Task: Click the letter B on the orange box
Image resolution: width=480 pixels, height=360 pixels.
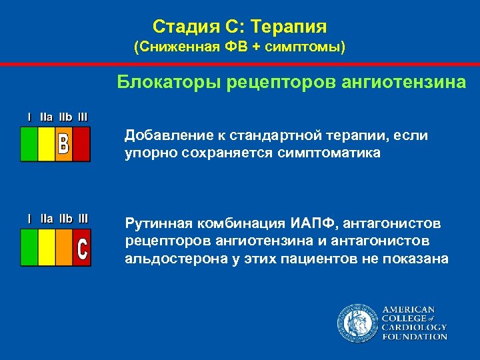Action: (x=63, y=144)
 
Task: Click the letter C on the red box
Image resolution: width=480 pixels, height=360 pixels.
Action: (x=81, y=248)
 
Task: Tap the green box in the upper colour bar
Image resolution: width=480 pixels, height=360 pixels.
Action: (x=29, y=144)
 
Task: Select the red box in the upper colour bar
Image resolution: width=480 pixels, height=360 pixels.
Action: (x=81, y=144)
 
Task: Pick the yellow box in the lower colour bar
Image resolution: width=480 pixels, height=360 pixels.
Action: (x=47, y=247)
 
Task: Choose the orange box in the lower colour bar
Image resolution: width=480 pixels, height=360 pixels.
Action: (x=64, y=247)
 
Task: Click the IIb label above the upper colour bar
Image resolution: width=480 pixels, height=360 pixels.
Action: (x=65, y=117)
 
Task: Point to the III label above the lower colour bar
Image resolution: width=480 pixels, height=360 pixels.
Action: (x=83, y=218)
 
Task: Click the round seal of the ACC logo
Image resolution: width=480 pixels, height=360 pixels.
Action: (x=357, y=323)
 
